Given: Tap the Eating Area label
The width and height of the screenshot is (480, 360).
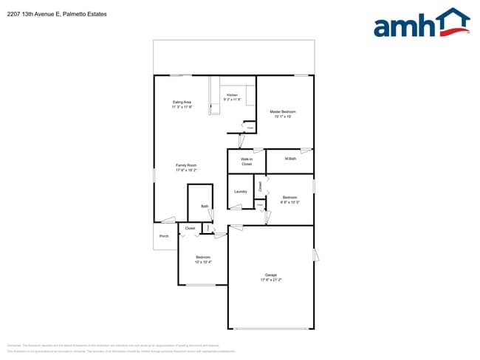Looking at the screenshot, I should pos(182,102).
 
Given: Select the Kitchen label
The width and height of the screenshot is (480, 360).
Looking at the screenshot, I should pos(232,95).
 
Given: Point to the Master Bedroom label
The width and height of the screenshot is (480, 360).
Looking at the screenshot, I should pos(284,111).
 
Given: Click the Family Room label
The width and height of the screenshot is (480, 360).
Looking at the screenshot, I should pos(186,165).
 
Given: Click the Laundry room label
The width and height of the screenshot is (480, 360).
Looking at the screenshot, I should pos(240,192).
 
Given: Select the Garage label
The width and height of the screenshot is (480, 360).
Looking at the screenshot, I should pos(271,275).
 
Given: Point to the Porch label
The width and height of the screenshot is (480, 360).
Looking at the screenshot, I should pos(164,236).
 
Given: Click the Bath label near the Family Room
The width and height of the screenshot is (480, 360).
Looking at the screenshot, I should pos(205,206).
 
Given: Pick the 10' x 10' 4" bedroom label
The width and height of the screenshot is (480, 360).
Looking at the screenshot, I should pos(203,257).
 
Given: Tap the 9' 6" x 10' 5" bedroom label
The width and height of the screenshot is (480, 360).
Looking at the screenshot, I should pos(289,197).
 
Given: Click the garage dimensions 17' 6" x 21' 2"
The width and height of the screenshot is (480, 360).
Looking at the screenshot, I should pos(271,280).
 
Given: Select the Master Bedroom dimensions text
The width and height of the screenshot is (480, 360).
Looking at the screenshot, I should pos(284,117).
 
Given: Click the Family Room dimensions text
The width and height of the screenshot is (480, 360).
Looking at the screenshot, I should pos(186,170).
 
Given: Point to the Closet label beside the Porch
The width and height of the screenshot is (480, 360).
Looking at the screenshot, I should pos(190,229).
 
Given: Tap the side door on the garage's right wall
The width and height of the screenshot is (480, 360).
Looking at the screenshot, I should pos(316,255).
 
